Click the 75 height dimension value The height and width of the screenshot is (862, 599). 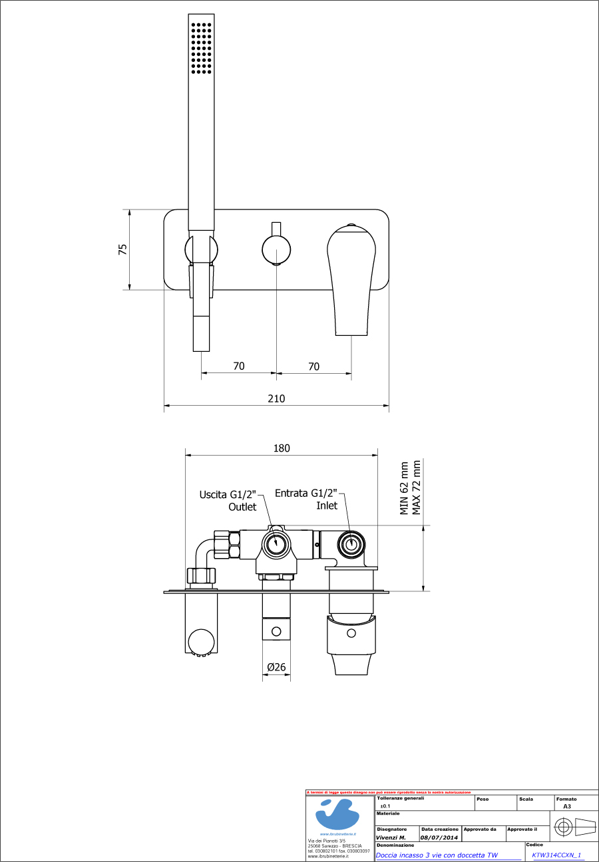point(122,249)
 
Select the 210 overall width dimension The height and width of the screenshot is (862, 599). point(276,398)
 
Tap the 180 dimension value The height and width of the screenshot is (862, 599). point(282,448)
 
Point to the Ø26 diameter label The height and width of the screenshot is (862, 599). point(276,667)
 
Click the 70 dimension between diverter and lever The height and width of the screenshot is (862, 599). point(314,366)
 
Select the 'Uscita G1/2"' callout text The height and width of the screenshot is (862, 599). point(228,494)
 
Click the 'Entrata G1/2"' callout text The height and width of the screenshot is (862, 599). point(306,494)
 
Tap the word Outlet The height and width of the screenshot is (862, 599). point(242,507)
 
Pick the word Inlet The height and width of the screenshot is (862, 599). point(326,505)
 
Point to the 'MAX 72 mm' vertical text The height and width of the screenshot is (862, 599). point(417,488)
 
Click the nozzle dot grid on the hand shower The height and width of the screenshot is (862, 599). point(201,47)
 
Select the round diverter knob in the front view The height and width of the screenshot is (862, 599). point(276,251)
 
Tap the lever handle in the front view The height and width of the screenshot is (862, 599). point(351,279)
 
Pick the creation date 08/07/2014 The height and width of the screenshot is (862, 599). point(439,837)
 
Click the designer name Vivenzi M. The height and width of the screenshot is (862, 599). point(391,837)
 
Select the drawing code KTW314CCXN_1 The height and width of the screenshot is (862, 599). point(556,855)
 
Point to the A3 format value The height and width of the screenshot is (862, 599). point(567,806)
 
